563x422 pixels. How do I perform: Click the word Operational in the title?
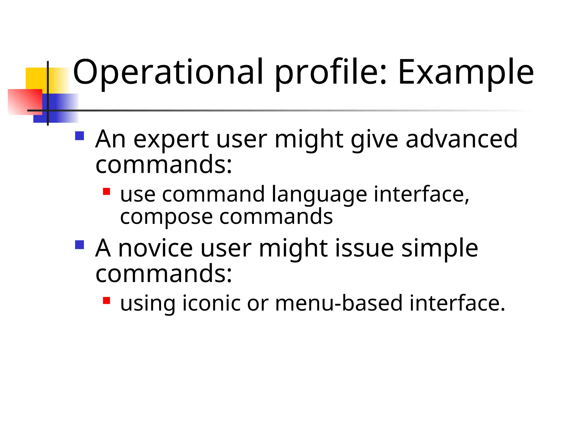[168, 72]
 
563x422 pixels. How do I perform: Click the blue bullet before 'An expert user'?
[79, 136]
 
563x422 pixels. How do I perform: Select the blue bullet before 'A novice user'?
[79, 245]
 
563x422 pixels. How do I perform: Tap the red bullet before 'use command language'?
[106, 191]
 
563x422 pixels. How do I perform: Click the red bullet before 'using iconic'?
[106, 300]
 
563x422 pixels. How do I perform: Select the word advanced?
[461, 139]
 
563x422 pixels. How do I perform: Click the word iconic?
[211, 303]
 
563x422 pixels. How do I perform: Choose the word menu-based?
[339, 303]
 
